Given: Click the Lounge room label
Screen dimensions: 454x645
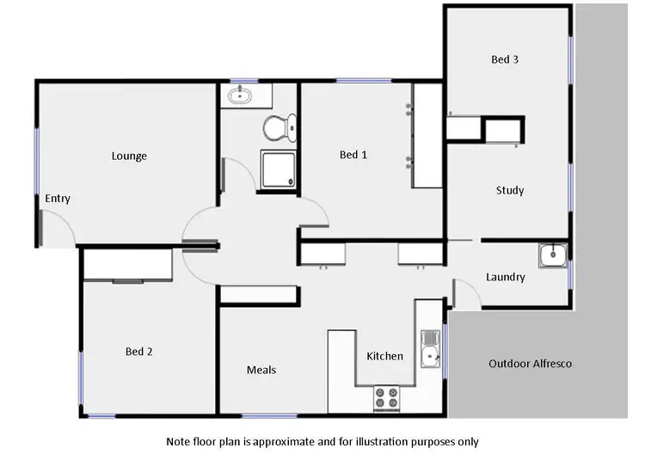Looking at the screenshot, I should (129, 156).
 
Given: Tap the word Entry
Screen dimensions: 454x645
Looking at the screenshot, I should (58, 199).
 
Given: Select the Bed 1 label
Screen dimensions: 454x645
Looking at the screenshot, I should (353, 155).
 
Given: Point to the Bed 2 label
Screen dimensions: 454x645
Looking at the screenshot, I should (139, 352).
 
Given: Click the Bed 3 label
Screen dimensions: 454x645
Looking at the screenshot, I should (505, 60).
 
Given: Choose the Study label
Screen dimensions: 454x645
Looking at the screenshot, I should (510, 190).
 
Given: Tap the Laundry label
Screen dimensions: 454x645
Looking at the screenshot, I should (506, 277).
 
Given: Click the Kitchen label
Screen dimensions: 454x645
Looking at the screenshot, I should (384, 356).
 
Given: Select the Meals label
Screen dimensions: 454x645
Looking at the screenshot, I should (261, 370).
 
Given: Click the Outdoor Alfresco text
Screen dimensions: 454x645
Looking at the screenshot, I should (530, 364).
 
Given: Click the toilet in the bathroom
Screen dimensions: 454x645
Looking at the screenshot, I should (276, 129).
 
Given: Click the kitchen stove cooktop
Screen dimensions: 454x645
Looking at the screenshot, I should (386, 398).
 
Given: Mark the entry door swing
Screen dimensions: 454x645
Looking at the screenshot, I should (58, 228).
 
